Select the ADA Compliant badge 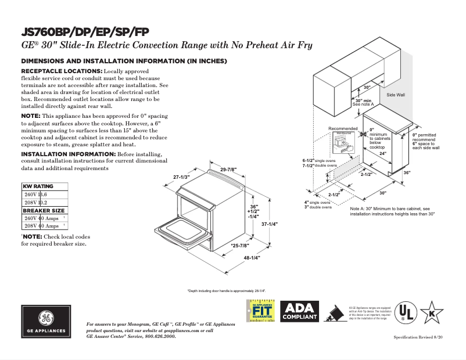tap(299, 312)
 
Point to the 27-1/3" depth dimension tap(182, 177)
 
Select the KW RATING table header tap(38, 186)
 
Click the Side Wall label tap(396, 94)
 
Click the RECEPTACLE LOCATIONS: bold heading tap(62, 71)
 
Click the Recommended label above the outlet tap(343, 128)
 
